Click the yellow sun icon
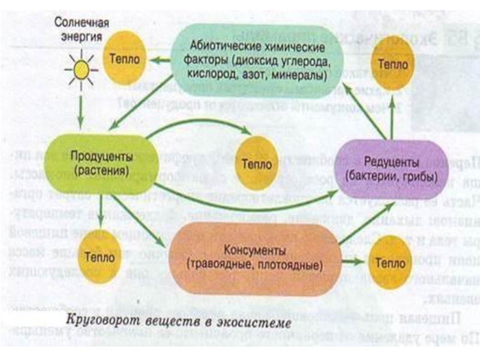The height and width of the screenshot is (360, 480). pos(80,70)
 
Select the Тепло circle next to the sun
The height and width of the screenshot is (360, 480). pos(124,59)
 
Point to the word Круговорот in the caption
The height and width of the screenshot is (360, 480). pos(98,321)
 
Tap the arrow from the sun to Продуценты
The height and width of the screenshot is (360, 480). pos(80,108)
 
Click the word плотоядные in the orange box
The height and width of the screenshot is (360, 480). pos(284,263)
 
